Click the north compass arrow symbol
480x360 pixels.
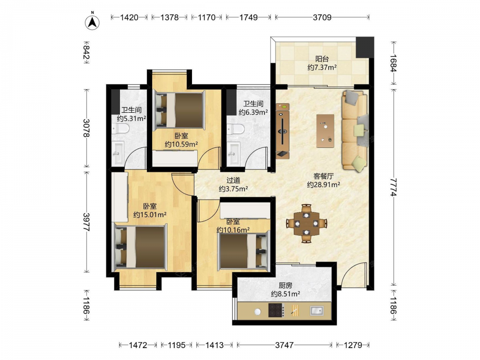coord(92,22)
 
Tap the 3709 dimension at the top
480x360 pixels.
coord(322,17)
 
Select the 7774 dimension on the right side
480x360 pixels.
coord(394,187)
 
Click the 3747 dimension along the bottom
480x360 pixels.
coord(284,345)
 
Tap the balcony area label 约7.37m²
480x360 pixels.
coord(322,67)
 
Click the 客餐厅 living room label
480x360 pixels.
coord(324,176)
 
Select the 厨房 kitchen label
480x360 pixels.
coord(285,285)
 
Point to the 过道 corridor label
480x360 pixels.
coord(233,180)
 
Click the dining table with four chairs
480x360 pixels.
coord(306,224)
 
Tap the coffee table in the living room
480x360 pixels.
coord(325,131)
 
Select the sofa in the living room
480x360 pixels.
coord(355,130)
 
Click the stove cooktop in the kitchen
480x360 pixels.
coord(276,310)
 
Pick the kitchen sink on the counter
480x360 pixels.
coord(316,311)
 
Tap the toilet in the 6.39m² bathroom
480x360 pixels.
coord(236,129)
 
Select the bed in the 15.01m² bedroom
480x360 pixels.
coord(140,247)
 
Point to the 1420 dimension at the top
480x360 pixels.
coord(129,17)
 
